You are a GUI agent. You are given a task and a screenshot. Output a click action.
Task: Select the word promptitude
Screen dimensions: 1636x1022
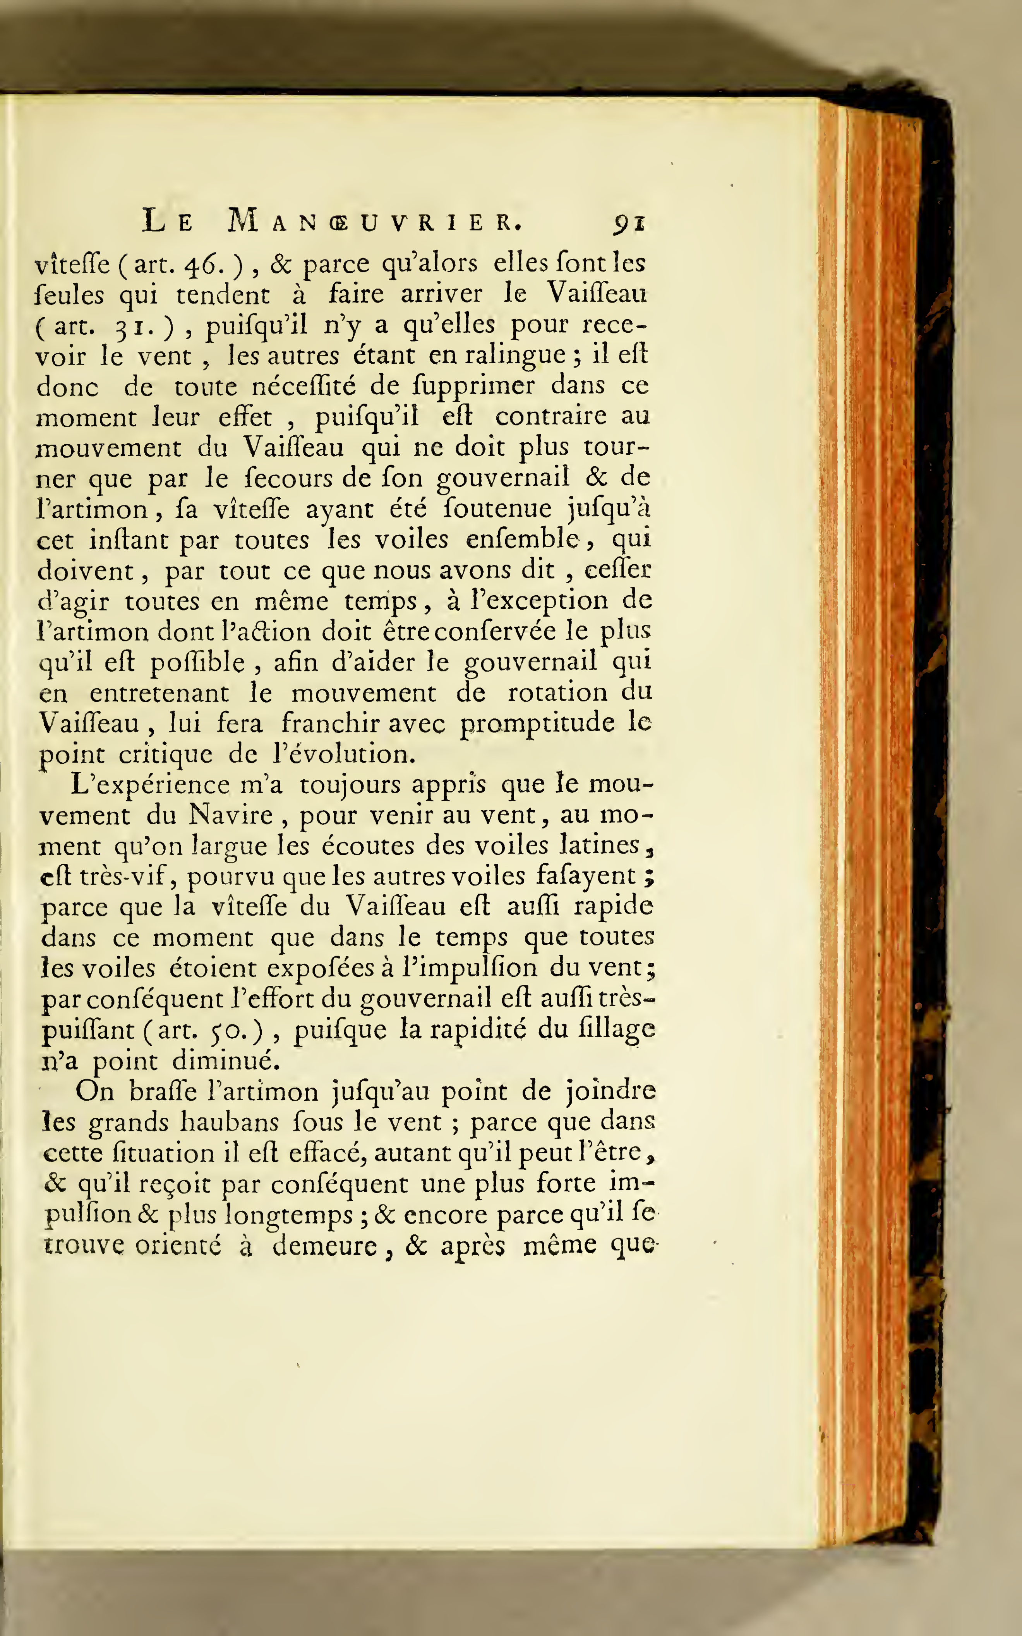point(537,724)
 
